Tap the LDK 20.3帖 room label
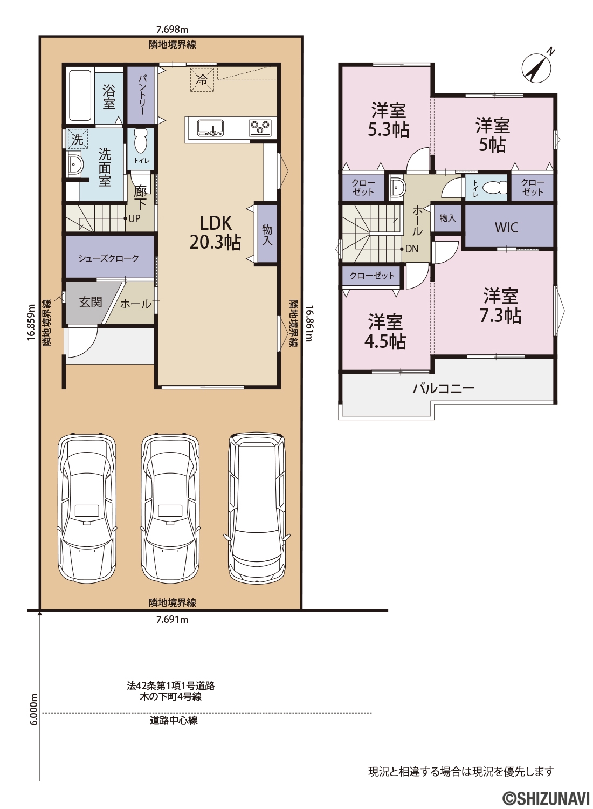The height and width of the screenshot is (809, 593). [x=216, y=232]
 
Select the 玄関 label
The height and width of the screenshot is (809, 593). [x=91, y=302]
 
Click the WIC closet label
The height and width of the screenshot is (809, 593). [x=506, y=228]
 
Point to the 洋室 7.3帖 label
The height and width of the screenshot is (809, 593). [x=500, y=306]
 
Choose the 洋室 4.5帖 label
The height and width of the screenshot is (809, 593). [x=385, y=332]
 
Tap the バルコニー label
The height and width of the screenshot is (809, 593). [x=443, y=388]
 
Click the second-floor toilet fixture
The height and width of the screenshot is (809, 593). [x=493, y=188]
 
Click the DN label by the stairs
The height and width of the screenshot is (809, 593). [x=412, y=249]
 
